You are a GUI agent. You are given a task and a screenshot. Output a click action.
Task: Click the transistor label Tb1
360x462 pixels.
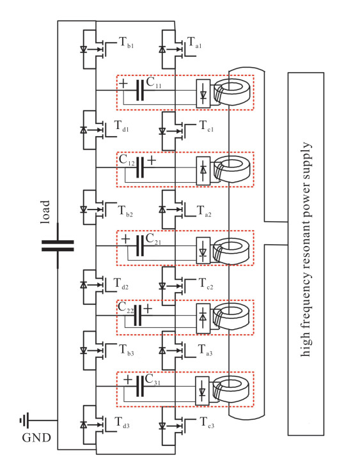click(x=127, y=43)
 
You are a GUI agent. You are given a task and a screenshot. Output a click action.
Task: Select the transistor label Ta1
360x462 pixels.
click(x=194, y=43)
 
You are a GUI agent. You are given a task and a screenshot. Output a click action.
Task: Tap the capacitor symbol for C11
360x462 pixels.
click(x=140, y=90)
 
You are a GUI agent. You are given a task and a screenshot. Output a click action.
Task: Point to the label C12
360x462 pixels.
click(x=127, y=160)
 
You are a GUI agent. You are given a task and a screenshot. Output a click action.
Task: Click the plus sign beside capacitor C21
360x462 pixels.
click(x=125, y=238)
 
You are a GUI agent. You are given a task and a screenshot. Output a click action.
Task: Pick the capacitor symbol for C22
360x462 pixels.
click(x=137, y=315)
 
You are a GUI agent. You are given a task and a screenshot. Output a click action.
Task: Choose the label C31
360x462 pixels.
click(x=153, y=380)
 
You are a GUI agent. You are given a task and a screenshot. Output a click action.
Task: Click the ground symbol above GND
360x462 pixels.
click(x=24, y=420)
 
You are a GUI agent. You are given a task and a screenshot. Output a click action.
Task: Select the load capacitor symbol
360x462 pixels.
click(x=58, y=246)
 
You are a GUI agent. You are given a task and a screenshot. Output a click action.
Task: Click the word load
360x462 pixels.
click(x=45, y=212)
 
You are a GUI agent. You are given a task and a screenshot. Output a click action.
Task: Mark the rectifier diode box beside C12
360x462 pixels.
click(x=203, y=171)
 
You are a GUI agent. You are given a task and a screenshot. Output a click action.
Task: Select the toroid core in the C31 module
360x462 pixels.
click(x=231, y=391)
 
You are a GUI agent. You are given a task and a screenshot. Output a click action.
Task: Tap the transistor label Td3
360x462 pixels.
click(x=121, y=422)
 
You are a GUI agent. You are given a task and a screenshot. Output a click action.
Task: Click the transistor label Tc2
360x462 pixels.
click(x=206, y=284)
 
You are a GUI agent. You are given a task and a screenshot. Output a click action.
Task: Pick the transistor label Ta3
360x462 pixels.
click(x=205, y=350)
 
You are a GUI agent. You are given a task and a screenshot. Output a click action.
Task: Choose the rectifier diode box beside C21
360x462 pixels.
click(x=203, y=250)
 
